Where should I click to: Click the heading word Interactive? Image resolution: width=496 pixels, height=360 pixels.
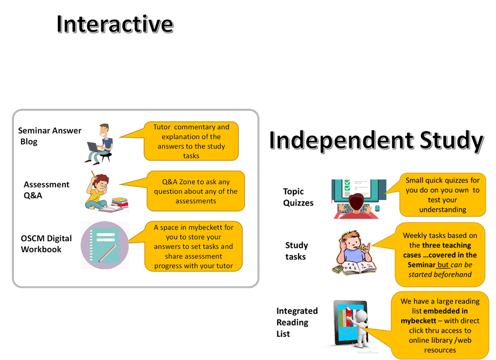coord(115,23)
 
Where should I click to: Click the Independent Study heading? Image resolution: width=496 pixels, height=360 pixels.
coord(376,141)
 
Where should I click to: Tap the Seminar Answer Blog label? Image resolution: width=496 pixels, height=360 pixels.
coord(50,136)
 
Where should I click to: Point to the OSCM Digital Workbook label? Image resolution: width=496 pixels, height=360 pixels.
coord(46,244)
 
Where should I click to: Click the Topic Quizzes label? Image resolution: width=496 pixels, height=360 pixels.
coord(298,197)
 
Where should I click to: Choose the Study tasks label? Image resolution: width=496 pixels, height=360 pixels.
coord(297,251)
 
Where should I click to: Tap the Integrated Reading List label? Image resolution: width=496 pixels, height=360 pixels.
coord(297,322)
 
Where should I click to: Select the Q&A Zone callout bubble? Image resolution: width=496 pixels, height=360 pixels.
coord(196,191)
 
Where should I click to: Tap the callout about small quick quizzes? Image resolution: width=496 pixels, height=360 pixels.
coord(442,195)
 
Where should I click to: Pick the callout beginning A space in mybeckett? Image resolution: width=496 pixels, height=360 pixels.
coord(194,246)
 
